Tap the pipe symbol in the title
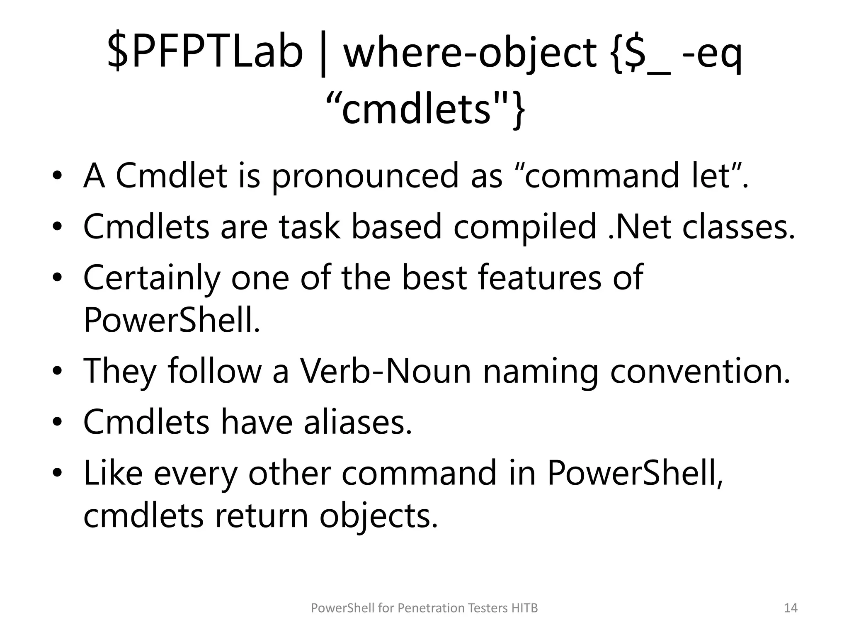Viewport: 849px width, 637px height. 323,54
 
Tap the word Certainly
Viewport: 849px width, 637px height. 152,278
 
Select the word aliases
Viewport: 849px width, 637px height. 358,421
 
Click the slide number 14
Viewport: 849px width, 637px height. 791,608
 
